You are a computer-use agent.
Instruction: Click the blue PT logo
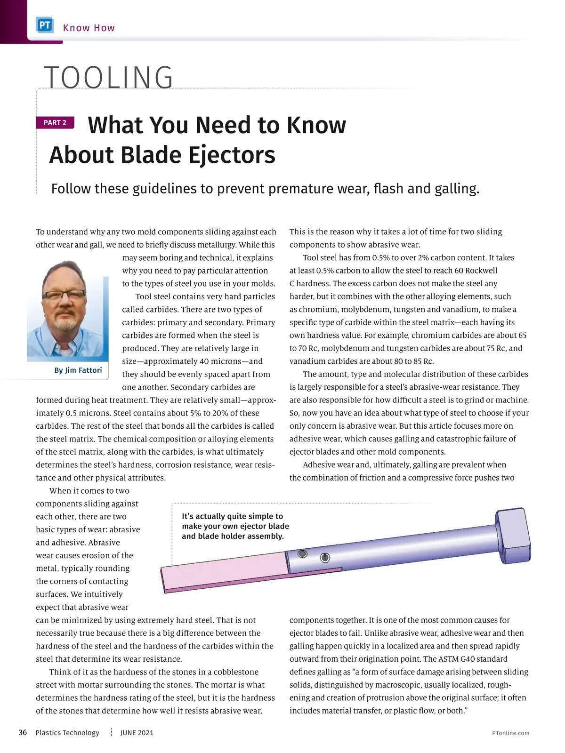point(45,25)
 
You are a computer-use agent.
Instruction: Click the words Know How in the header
point(89,28)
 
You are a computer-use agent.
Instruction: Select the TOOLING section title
point(109,77)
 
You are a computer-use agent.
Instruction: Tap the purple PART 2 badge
point(55,122)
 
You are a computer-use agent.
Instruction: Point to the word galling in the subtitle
point(455,189)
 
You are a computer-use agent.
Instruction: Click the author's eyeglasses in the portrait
point(64,295)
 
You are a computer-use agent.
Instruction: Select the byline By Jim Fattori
point(78,370)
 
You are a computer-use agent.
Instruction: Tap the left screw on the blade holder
point(302,554)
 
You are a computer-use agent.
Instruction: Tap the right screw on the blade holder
point(324,558)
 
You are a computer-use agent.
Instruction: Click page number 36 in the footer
point(23,733)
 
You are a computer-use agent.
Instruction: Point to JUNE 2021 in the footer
point(137,733)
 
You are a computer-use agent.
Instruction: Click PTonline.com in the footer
point(510,733)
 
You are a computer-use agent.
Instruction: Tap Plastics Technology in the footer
point(67,733)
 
